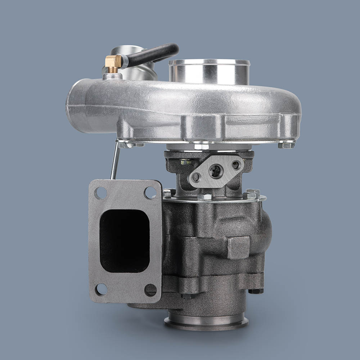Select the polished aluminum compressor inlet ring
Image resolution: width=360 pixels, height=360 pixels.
tap(210, 72)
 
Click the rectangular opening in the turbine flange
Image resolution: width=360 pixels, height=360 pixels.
tap(125, 240)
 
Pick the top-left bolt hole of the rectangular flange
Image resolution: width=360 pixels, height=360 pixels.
tap(100, 193)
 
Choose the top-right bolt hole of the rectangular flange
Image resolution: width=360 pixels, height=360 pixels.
tap(150, 193)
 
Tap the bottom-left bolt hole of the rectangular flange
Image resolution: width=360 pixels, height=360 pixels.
tap(101, 289)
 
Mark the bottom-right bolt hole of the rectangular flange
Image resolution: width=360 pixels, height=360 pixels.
tap(150, 290)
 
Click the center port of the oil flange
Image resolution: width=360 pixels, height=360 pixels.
tap(216, 171)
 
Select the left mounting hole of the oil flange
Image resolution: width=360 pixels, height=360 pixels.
tap(196, 177)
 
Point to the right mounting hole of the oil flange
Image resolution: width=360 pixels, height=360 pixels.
tap(235, 165)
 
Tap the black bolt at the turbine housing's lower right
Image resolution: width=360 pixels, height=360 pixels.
tap(256, 290)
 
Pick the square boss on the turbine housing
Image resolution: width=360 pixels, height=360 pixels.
tap(238, 247)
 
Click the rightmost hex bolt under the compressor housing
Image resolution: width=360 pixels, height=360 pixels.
tap(287, 145)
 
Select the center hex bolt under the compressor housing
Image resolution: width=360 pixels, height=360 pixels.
tap(201, 147)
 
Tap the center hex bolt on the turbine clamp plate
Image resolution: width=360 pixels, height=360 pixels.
tap(204, 197)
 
